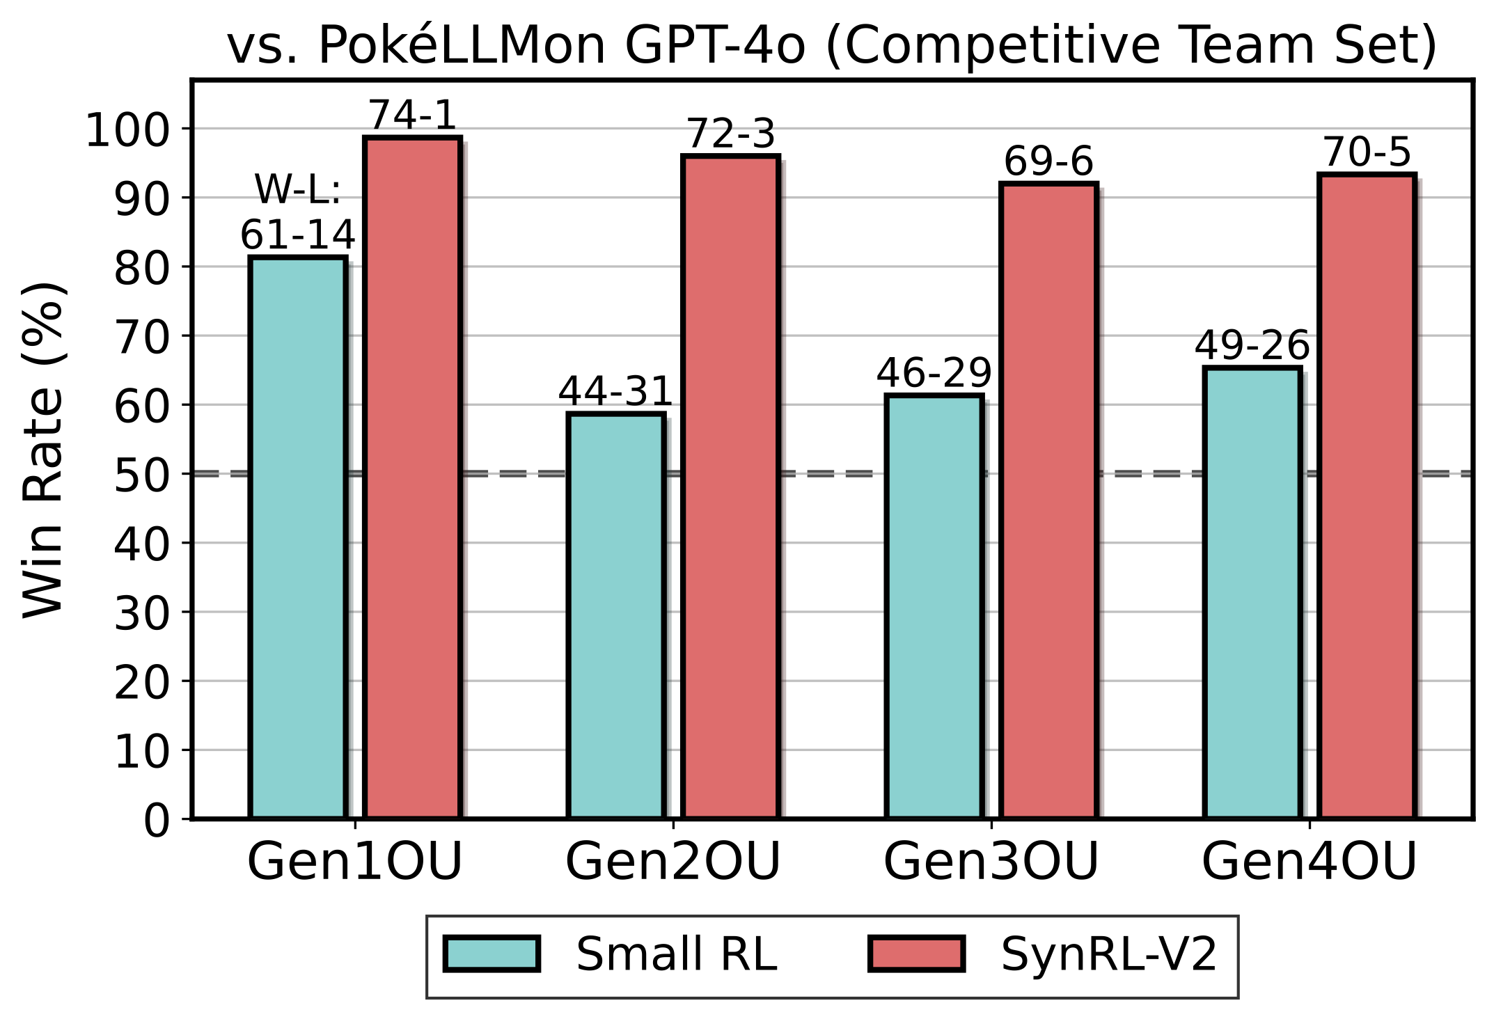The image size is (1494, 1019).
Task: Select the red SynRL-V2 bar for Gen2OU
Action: [x=730, y=487]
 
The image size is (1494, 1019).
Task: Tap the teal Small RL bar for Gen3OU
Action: [x=934, y=606]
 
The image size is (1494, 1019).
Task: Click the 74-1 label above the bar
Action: [x=412, y=116]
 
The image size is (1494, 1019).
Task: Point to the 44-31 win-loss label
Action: [x=615, y=391]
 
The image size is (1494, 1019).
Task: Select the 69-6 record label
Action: [x=1048, y=161]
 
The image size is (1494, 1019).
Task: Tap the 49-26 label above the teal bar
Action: [x=1252, y=345]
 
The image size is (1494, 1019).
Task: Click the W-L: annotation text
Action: [x=298, y=189]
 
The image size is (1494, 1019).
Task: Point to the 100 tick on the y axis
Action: [x=127, y=130]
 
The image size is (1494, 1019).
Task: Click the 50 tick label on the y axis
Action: [x=141, y=475]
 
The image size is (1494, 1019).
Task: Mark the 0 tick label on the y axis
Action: [x=157, y=821]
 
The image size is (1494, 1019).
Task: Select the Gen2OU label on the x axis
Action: [x=673, y=862]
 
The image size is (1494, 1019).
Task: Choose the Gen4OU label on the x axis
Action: [x=1309, y=862]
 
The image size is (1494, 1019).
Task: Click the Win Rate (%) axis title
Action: [x=43, y=450]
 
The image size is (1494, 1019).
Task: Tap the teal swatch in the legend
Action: [x=492, y=954]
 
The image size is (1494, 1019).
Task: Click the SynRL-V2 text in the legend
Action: [x=1109, y=954]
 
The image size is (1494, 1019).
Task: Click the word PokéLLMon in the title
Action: [x=461, y=46]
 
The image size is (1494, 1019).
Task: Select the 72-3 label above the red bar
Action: [x=730, y=134]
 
